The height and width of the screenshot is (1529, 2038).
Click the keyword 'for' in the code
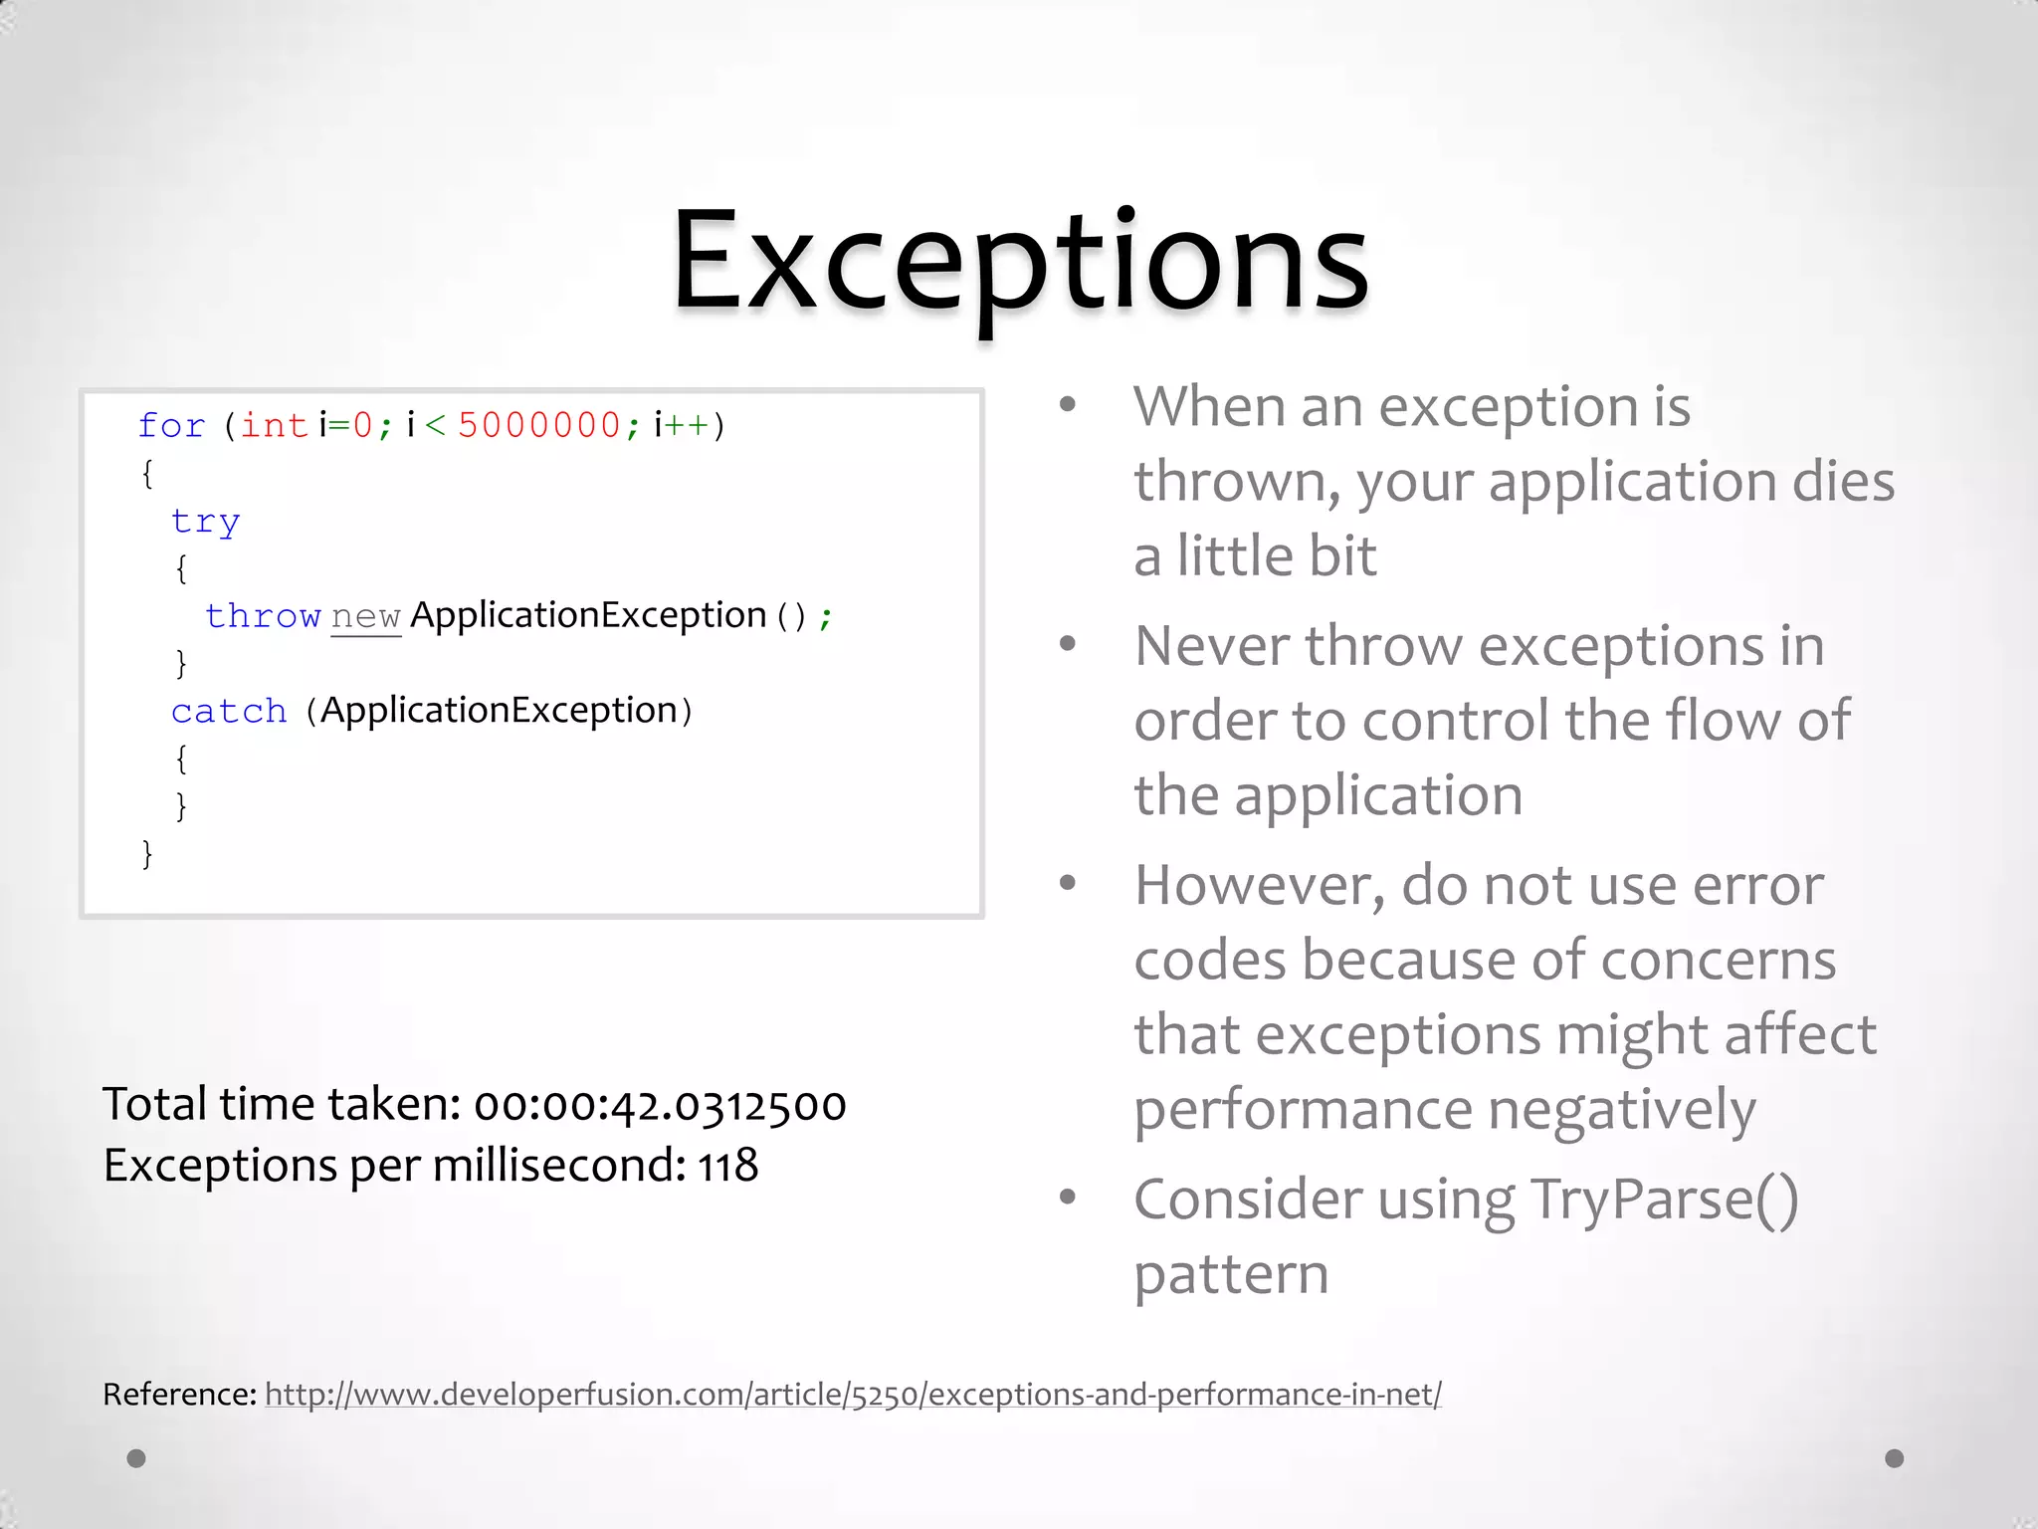171,426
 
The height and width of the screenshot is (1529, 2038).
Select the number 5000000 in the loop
538,426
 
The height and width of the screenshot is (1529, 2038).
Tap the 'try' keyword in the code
205,522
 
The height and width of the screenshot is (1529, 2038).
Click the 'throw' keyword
263,616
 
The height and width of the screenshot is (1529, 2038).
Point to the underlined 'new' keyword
365,617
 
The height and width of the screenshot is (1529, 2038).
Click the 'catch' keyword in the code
229,712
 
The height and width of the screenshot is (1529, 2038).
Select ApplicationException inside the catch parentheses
499,711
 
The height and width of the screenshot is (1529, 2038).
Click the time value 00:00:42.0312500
660,1105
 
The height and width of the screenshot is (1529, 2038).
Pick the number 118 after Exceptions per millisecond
727,1166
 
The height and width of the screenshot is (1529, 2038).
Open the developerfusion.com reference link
853,1395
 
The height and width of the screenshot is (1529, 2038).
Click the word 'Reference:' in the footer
180,1395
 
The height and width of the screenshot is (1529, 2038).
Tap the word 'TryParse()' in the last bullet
1664,1200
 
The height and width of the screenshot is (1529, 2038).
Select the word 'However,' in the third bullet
1259,886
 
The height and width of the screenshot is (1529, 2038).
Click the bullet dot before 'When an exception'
1068,404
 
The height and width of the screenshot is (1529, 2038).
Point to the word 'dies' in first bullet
1843,482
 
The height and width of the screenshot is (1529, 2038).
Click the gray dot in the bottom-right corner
1894,1458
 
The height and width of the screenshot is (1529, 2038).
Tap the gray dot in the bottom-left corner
137,1458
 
